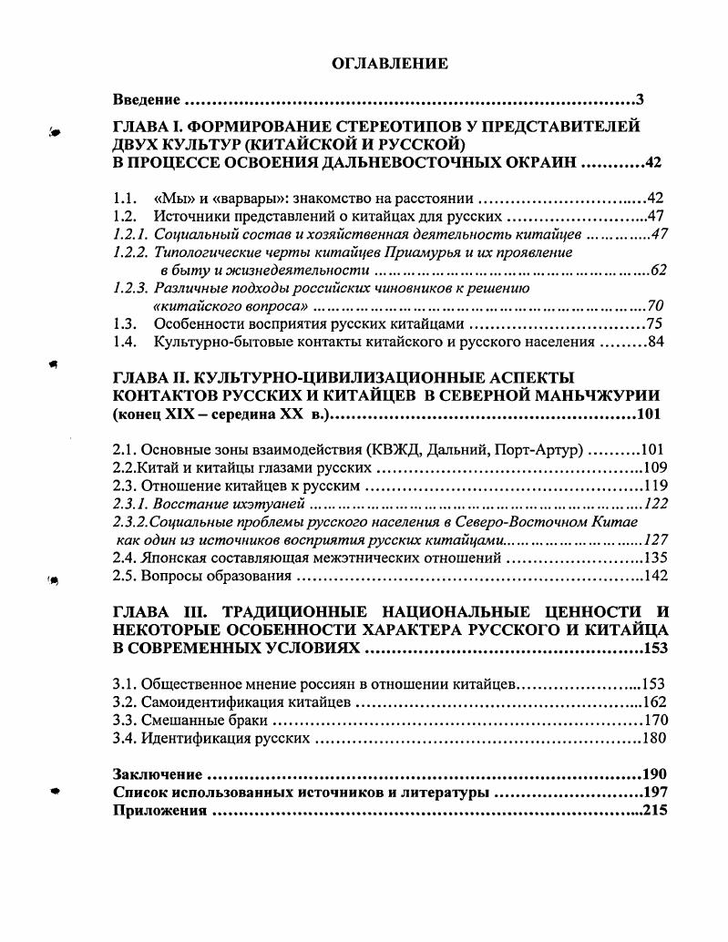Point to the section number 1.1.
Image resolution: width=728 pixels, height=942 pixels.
124,198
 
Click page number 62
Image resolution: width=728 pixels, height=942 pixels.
658,271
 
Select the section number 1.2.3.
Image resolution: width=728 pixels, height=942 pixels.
131,288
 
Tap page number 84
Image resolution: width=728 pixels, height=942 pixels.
658,343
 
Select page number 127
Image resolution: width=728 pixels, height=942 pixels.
655,539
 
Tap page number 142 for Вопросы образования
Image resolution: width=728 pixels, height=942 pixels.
655,576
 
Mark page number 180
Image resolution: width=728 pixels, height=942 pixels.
655,738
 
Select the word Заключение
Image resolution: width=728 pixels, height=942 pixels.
157,774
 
